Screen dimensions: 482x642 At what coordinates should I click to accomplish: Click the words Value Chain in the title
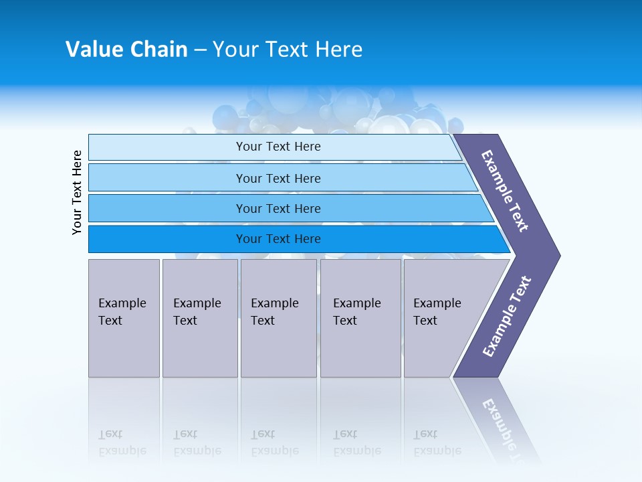tap(126, 50)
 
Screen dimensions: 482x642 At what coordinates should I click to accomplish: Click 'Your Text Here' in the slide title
tap(288, 50)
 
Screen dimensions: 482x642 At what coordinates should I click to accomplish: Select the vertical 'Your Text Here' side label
tap(77, 192)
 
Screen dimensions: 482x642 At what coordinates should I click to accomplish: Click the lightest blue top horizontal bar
tap(167, 147)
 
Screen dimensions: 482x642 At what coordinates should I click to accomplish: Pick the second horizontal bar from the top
tap(167, 178)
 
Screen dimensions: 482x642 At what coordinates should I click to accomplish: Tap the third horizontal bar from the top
tap(167, 209)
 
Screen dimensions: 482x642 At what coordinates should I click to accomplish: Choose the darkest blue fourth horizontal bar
tap(167, 239)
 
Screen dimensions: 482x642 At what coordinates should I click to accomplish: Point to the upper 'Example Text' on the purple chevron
tap(505, 191)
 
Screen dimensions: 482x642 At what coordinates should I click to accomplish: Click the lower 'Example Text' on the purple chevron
tap(506, 317)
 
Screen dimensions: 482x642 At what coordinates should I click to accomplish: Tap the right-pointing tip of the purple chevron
tap(555, 256)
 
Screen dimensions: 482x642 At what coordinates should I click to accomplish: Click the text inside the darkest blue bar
tap(278, 239)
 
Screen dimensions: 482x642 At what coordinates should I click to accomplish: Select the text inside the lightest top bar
tap(278, 147)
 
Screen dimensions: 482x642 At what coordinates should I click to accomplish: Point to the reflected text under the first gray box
tap(122, 443)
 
